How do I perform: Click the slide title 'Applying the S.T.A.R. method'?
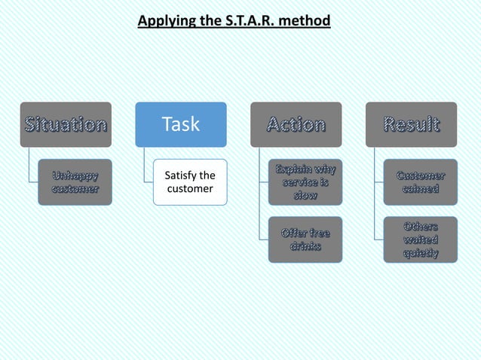click(x=234, y=20)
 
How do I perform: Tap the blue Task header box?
click(x=181, y=124)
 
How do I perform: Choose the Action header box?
click(x=296, y=124)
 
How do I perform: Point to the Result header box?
click(x=411, y=124)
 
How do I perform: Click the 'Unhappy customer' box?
click(x=74, y=182)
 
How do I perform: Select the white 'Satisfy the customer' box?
click(x=189, y=182)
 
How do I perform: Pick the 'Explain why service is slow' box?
click(x=305, y=182)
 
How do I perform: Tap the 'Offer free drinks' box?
click(x=305, y=239)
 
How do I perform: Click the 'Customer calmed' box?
click(x=420, y=182)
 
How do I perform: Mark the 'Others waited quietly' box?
click(x=420, y=239)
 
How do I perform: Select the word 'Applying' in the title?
click(x=164, y=20)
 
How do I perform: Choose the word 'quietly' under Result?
click(x=420, y=253)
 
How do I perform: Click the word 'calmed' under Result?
click(x=420, y=189)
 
